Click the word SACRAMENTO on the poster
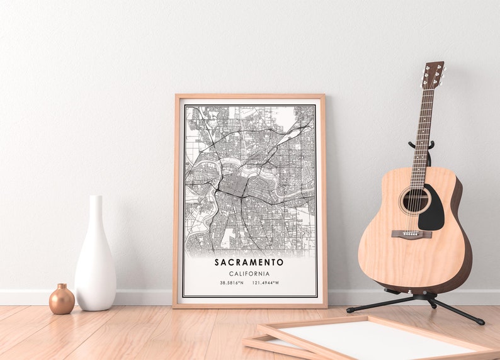(249, 262)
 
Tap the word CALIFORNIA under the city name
(249, 274)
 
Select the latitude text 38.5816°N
(232, 283)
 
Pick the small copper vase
(62, 300)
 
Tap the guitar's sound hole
(414, 201)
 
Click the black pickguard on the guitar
(434, 210)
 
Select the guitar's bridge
(411, 234)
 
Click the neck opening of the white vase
(95, 197)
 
